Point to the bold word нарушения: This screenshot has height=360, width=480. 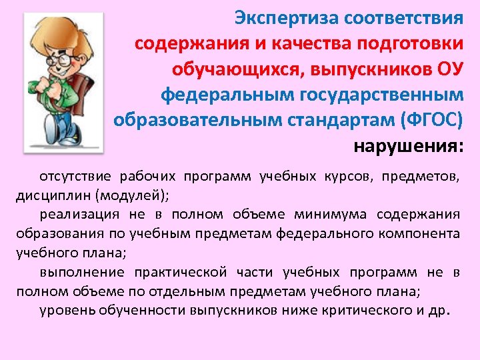408,145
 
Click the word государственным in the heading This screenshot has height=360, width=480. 381,94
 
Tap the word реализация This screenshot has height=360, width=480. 79,214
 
